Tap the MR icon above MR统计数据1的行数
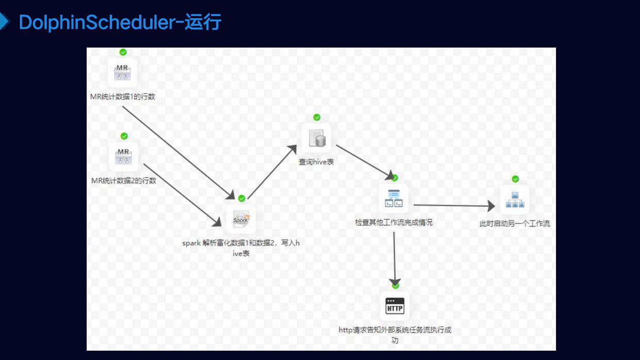(x=122, y=72)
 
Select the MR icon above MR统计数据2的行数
(x=124, y=156)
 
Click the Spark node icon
(x=241, y=219)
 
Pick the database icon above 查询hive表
(x=317, y=138)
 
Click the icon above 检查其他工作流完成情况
(x=394, y=199)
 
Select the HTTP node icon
(x=395, y=306)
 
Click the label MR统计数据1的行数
(x=123, y=96)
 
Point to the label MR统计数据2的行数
(x=124, y=180)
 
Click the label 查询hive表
(x=316, y=162)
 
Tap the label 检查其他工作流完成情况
(x=394, y=222)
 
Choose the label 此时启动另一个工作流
(x=515, y=224)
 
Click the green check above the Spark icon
(x=242, y=198)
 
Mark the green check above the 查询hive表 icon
(x=317, y=117)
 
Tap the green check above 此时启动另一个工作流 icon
(x=516, y=179)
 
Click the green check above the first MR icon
(x=123, y=52)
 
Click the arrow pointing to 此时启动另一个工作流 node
(x=453, y=205)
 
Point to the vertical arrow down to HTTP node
(x=394, y=258)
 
